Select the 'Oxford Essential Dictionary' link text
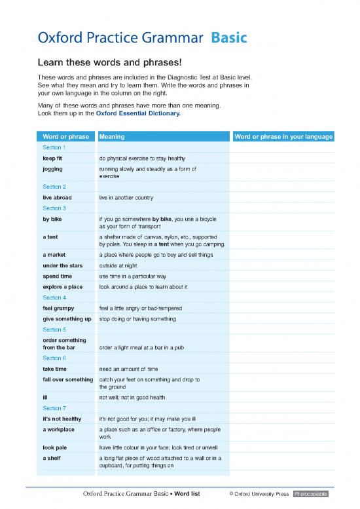pos(137,113)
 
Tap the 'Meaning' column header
pos(112,137)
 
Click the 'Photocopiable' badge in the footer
pos(314,493)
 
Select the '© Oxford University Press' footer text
pos(259,493)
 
